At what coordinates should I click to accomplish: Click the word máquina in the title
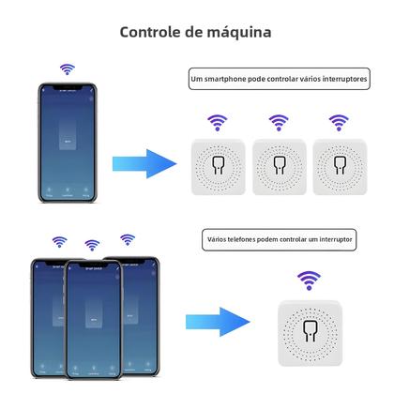(231, 32)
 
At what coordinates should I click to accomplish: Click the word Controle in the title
(152, 32)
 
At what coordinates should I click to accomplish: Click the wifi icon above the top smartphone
(66, 68)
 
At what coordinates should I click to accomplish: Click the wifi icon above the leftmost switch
(216, 121)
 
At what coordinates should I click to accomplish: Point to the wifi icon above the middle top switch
(278, 121)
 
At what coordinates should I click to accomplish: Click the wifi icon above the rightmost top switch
(339, 121)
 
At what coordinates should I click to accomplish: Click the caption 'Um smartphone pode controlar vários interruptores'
(278, 82)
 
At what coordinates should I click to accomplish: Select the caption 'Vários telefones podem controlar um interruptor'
(280, 240)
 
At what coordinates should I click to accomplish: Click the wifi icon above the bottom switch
(307, 278)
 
